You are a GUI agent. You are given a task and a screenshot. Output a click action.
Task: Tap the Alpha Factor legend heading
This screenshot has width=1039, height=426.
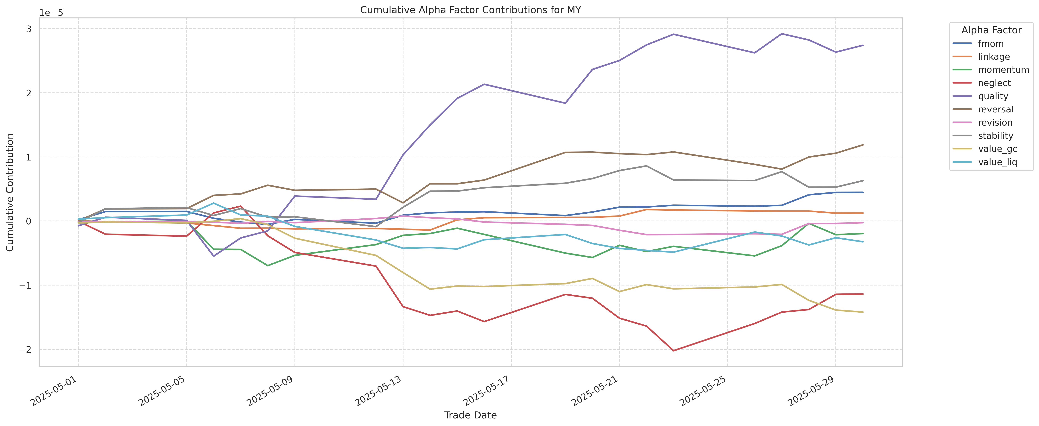991,30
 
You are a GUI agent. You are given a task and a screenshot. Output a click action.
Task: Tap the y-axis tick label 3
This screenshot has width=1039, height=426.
29,29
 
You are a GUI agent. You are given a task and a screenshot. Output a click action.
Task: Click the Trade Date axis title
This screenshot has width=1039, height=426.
470,415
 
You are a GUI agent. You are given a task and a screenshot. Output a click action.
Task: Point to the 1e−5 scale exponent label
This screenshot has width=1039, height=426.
51,13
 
